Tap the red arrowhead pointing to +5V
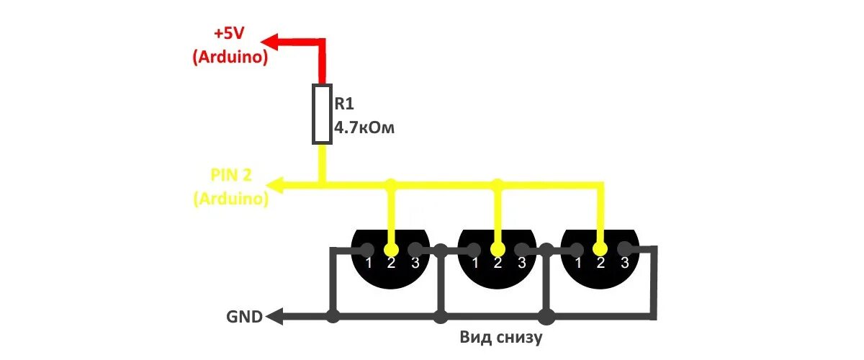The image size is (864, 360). tap(268, 41)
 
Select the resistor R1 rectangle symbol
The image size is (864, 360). tap(322, 114)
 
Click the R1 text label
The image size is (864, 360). tap(344, 103)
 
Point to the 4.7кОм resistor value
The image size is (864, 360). tap(364, 129)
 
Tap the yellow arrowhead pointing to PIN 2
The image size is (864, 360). tap(274, 186)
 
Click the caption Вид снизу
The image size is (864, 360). tap(500, 337)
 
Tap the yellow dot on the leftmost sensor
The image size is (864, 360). tap(391, 248)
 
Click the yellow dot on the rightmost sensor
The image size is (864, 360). tap(600, 248)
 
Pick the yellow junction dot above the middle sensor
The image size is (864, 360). tap(496, 185)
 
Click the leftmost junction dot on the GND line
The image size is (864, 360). tap(332, 315)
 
